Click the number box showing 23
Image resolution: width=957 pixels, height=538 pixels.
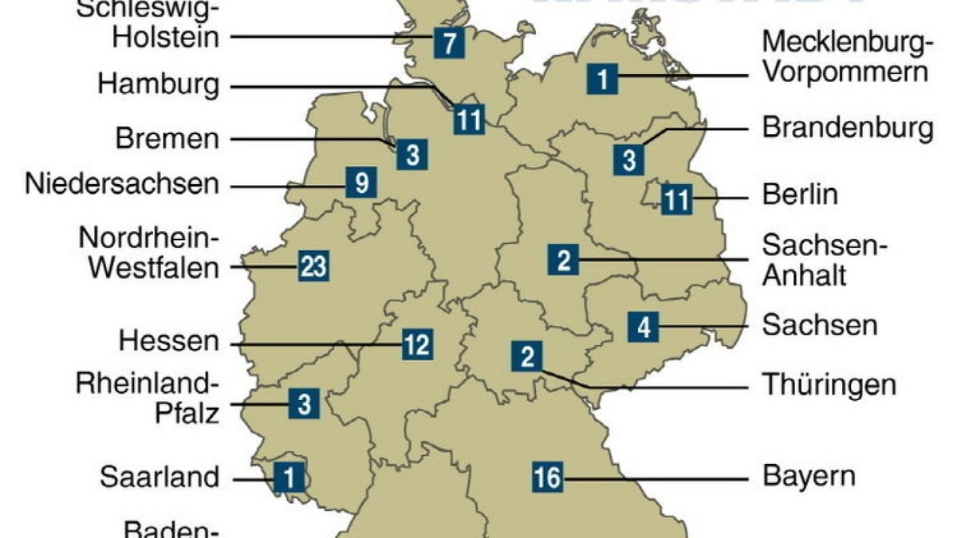point(313,265)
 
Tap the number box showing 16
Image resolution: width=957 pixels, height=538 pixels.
point(547,478)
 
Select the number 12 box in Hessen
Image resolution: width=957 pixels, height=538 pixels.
point(416,345)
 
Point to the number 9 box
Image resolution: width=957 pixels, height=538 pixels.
point(361,184)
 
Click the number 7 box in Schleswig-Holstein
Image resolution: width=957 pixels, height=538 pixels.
point(449,41)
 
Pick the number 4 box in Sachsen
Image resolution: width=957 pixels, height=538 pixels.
point(643,326)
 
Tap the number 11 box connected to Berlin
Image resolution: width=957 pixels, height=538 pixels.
point(676,198)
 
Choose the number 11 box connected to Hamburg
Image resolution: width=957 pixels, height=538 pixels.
point(469,120)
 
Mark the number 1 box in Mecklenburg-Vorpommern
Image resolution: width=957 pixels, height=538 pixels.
point(602,78)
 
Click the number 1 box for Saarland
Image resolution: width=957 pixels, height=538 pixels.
point(289,477)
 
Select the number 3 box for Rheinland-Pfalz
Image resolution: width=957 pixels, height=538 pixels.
point(304,403)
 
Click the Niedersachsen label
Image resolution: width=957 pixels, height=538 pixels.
point(121,184)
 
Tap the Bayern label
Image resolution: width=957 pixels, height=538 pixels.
point(809,477)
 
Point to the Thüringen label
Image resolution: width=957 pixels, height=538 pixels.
point(829,385)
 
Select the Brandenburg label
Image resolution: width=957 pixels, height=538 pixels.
point(847,128)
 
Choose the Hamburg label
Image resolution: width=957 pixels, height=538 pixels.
point(158,84)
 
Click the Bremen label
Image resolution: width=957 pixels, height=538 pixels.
point(167,139)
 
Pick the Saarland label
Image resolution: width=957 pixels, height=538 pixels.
point(159,477)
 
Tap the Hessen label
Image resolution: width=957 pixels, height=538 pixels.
point(168,342)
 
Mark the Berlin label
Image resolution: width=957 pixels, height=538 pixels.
point(801,194)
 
